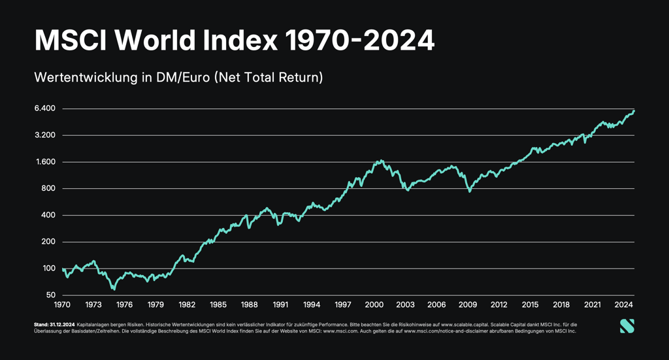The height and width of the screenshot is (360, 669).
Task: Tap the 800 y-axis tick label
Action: tap(48, 189)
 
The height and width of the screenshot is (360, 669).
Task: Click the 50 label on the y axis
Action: tap(50, 295)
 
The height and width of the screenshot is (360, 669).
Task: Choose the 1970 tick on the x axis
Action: tap(62, 304)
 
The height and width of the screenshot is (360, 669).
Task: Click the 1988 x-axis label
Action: tap(250, 304)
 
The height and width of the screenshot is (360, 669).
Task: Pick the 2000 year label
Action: tap(374, 304)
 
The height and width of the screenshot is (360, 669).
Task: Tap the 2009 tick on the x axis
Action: tap(468, 304)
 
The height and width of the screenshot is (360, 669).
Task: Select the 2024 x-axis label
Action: tap(624, 304)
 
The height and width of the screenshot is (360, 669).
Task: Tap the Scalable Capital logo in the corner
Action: tap(627, 326)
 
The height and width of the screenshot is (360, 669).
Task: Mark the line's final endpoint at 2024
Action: tap(634, 111)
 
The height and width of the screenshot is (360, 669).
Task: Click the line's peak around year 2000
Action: tap(381, 160)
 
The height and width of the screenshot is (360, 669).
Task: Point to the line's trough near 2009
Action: tap(469, 191)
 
